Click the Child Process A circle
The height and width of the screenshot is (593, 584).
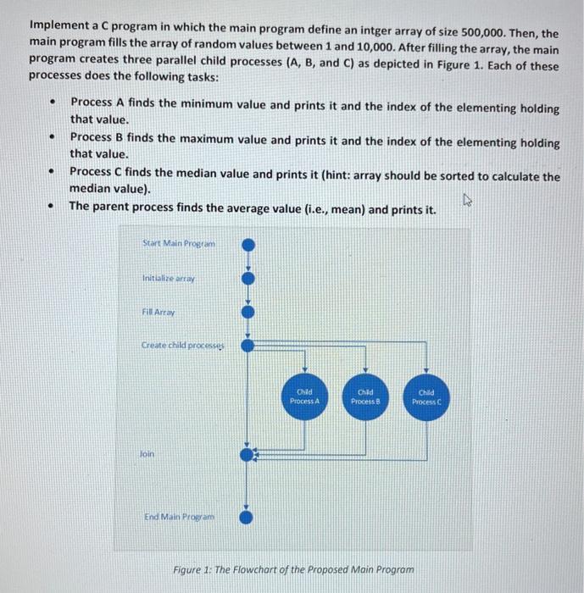click(x=304, y=396)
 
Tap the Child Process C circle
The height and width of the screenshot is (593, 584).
click(x=426, y=396)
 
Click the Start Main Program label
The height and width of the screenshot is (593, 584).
click(x=179, y=244)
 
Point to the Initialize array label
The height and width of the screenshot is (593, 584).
click(x=168, y=278)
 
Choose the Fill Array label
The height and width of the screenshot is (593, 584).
click(x=159, y=313)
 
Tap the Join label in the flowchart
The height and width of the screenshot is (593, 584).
click(x=148, y=453)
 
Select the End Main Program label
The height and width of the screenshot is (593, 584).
click(x=180, y=514)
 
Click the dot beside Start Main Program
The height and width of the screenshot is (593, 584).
click(x=247, y=245)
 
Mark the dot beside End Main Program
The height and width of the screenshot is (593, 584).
click(x=247, y=515)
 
